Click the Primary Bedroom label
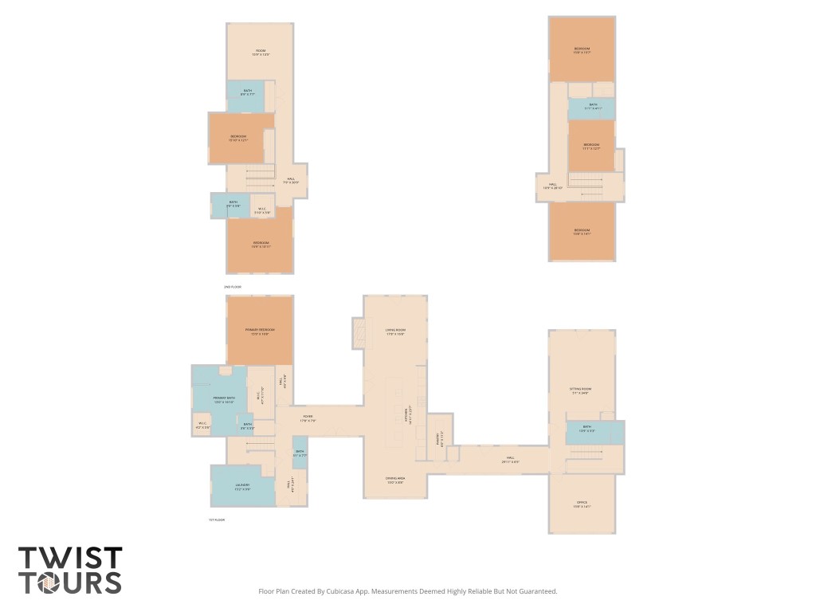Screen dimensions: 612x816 260,331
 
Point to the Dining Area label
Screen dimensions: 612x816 395,481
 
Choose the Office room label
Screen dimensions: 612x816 582,504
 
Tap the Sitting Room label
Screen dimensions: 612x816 580,390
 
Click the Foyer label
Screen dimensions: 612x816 308,419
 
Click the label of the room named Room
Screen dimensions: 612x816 261,53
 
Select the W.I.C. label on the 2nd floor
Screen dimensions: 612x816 262,211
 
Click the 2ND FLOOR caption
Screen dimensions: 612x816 233,286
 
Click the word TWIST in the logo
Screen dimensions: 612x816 70,558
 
